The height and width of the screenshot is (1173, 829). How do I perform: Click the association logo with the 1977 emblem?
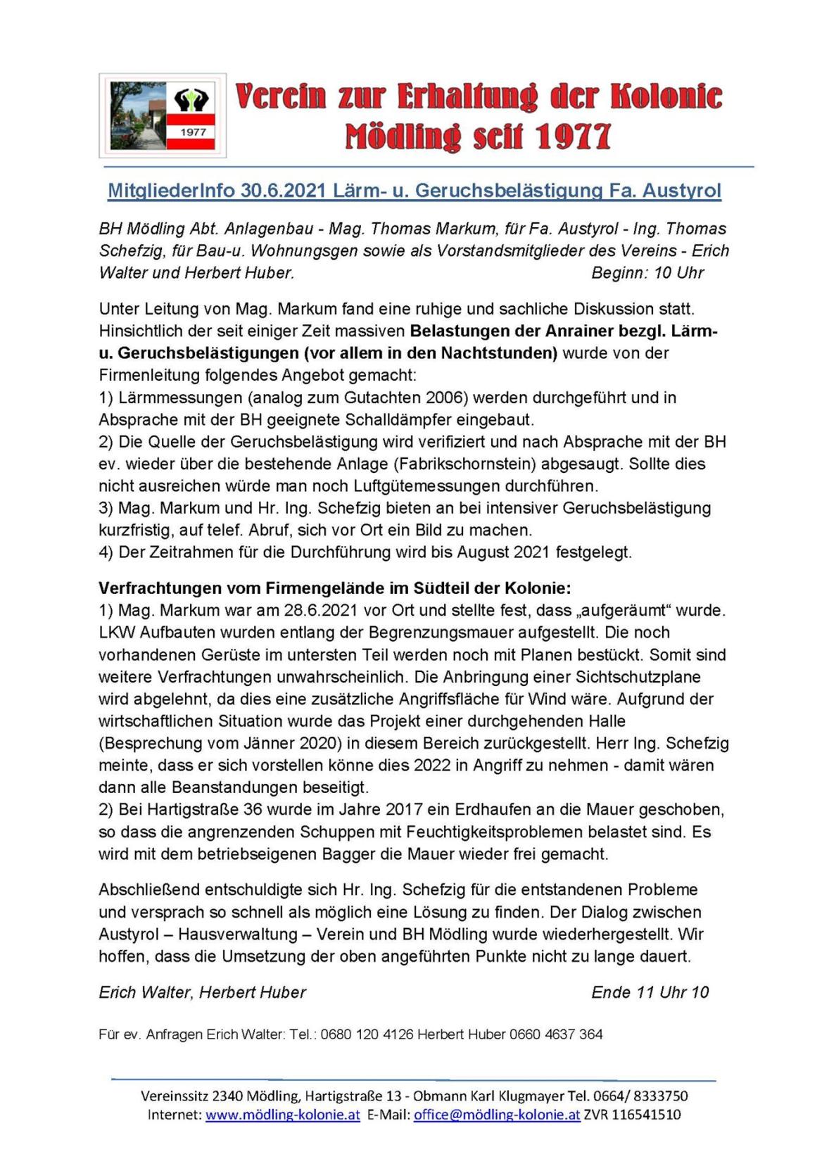(x=163, y=115)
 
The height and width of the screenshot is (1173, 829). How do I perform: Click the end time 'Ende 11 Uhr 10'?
(x=650, y=993)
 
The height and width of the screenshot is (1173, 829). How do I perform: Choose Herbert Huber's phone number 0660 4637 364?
(x=556, y=1034)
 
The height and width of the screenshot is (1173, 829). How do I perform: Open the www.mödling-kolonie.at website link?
(x=282, y=1115)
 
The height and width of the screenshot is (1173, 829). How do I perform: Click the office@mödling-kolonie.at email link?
(x=497, y=1115)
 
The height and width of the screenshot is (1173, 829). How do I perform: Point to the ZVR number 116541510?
(x=645, y=1115)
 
